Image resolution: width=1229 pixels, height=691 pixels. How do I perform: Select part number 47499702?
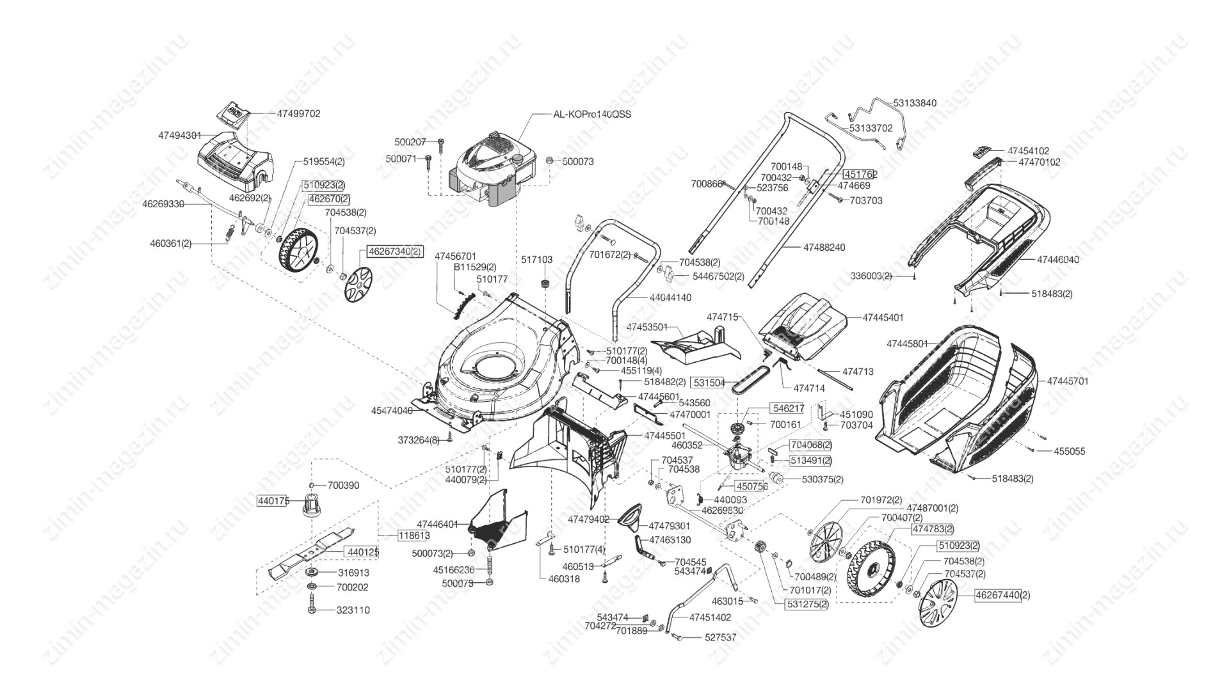298,114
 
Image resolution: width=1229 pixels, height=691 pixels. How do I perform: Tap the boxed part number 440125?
362,552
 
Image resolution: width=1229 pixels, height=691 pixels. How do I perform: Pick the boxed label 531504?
709,383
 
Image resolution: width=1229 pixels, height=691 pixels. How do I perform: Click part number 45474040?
392,410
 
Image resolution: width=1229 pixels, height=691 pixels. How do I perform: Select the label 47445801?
907,344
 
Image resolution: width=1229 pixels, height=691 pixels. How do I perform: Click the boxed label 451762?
860,174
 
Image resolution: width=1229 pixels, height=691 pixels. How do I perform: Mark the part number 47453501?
647,327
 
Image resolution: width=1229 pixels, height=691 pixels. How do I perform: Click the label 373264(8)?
418,440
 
